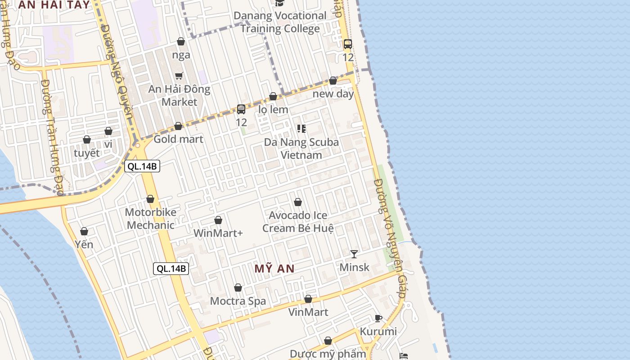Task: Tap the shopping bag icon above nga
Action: pos(181,42)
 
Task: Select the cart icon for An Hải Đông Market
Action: pos(179,76)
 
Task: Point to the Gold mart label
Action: pos(178,139)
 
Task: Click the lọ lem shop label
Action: pos(273,109)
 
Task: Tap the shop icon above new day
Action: pos(333,81)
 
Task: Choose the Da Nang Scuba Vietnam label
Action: pos(301,148)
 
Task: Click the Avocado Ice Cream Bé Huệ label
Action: pos(298,222)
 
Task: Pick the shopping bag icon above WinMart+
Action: pos(218,220)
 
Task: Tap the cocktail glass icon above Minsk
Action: pos(354,254)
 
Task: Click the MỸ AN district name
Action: pos(274,269)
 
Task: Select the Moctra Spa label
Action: pos(238,301)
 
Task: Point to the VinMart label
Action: pos(308,312)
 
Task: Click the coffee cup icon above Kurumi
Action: pos(378,319)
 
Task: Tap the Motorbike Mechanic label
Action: pos(150,219)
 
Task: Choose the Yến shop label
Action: pos(84,244)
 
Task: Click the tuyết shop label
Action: pos(87,153)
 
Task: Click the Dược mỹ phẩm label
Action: pos(328,354)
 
